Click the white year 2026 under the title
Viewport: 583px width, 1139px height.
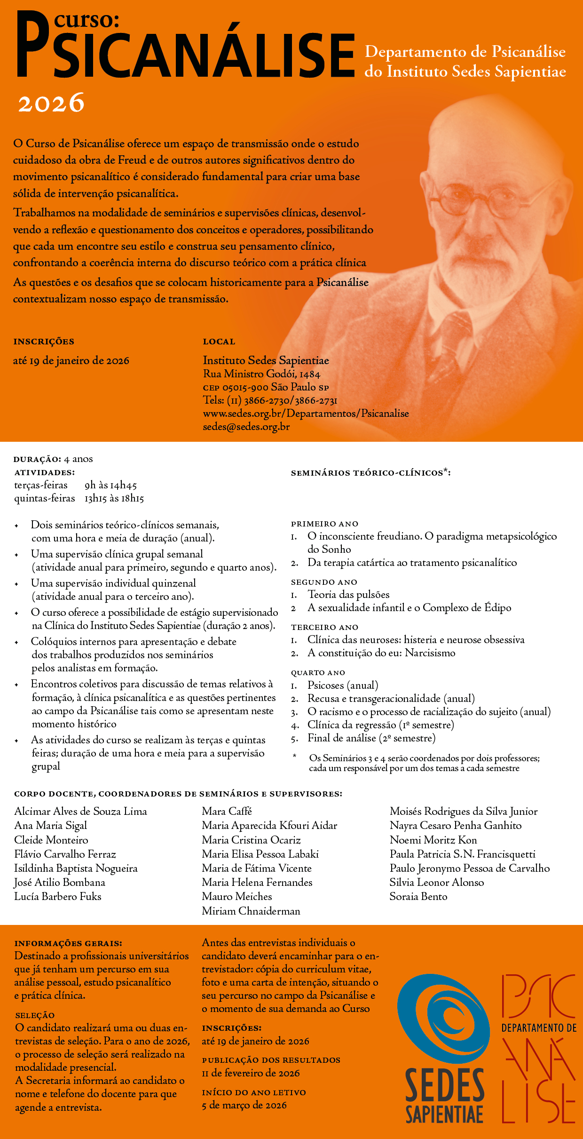pyautogui.click(x=51, y=103)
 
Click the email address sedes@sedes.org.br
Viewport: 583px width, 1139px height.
pyautogui.click(x=246, y=427)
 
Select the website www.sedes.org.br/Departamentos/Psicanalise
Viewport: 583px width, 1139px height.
pyautogui.click(x=306, y=414)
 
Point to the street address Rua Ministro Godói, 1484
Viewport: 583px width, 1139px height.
pyautogui.click(x=261, y=374)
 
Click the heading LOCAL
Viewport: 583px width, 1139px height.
pyautogui.click(x=219, y=342)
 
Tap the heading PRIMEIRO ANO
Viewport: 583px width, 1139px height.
pyautogui.click(x=324, y=524)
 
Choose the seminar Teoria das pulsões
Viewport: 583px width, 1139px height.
pyautogui.click(x=348, y=595)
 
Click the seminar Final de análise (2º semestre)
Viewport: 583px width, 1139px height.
pyautogui.click(x=371, y=738)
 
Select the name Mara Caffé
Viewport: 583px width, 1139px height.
pyautogui.click(x=227, y=811)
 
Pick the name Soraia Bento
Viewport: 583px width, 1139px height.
pyautogui.click(x=418, y=896)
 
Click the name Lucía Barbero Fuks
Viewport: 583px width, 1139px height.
pyautogui.click(x=58, y=896)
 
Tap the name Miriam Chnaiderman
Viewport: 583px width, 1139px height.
pyautogui.click(x=251, y=911)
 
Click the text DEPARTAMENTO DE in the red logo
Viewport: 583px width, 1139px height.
pyautogui.click(x=539, y=1028)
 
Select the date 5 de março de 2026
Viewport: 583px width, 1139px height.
pyautogui.click(x=244, y=1105)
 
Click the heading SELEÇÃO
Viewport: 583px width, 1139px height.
pyautogui.click(x=35, y=1015)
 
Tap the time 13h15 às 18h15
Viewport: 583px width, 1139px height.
pyautogui.click(x=114, y=498)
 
